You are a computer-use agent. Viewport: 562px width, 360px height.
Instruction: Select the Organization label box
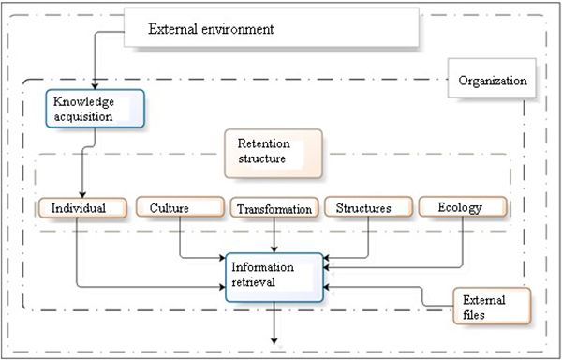pyautogui.click(x=491, y=81)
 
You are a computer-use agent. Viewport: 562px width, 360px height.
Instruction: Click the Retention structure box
pyautogui.click(x=273, y=153)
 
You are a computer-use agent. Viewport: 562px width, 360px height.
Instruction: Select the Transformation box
pyautogui.click(x=273, y=209)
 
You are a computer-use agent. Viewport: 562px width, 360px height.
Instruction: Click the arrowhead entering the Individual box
pyautogui.click(x=83, y=192)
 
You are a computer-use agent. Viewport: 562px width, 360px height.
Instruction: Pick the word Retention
pyautogui.click(x=263, y=144)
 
